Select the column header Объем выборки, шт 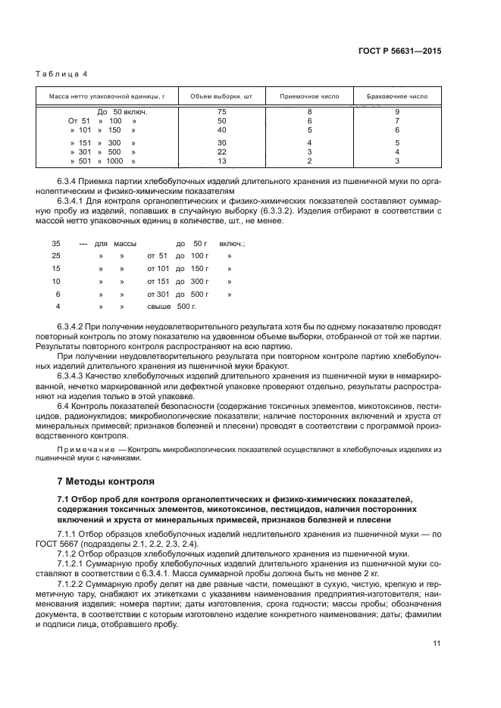click(221, 97)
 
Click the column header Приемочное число click(309, 97)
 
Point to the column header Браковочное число click(396, 97)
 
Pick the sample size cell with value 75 click(221, 111)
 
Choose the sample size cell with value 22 click(221, 151)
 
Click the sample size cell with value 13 click(221, 161)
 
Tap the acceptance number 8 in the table click(309, 111)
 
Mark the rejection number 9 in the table click(396, 111)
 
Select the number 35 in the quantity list click(55, 243)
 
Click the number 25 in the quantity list click(55, 256)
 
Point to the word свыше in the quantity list click(158, 307)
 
